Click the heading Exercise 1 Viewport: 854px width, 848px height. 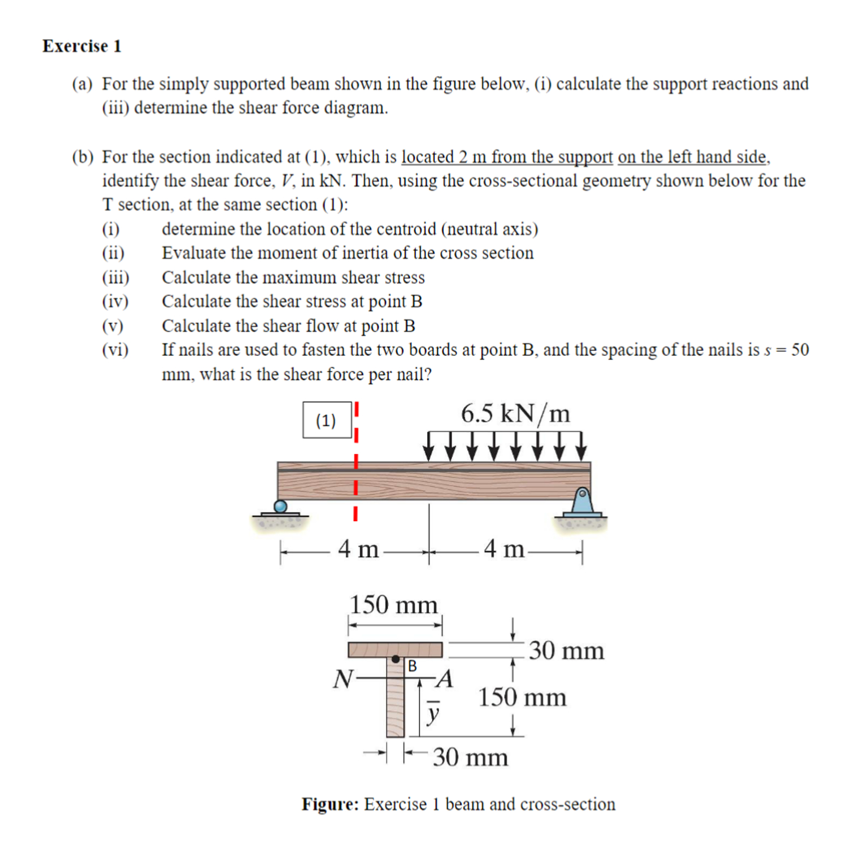click(82, 46)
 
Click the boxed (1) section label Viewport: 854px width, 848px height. click(327, 420)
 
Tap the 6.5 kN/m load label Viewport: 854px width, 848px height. click(515, 414)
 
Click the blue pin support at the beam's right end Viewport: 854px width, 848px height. click(582, 502)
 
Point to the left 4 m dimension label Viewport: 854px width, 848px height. click(358, 549)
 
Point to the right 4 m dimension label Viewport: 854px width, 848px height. click(504, 549)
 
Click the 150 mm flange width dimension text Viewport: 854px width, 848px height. click(393, 605)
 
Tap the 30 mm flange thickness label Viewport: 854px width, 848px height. click(566, 650)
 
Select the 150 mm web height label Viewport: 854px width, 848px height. click(522, 697)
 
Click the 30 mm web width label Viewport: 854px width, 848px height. click(470, 757)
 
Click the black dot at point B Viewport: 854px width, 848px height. click(396, 659)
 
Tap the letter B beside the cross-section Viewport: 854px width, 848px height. click(413, 666)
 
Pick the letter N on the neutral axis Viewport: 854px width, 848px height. click(343, 679)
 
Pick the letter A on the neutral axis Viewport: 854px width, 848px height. click(446, 679)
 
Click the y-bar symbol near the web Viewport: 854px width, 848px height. click(433, 711)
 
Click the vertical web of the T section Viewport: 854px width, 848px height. click(395, 705)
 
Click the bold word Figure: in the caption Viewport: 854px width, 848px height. click(330, 804)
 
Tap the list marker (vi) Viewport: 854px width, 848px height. click(115, 350)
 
